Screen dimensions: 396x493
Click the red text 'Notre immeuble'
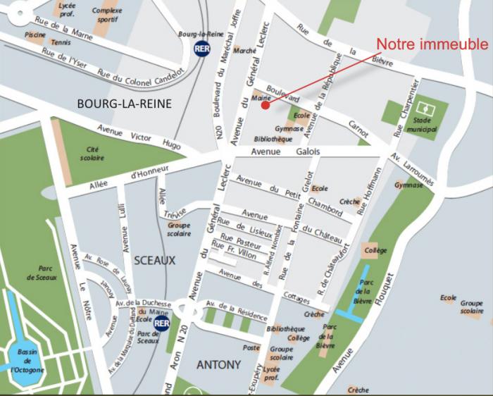431,44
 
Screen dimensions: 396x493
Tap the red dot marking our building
265,106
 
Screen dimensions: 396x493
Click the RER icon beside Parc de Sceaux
162,323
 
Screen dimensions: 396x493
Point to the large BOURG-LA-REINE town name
124,104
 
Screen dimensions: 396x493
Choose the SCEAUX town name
154,260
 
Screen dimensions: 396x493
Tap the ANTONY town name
219,364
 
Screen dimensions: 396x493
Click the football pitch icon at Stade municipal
426,110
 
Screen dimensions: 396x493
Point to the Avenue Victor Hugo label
138,137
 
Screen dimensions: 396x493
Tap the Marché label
244,51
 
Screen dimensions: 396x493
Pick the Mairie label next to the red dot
261,99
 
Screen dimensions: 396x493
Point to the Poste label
251,347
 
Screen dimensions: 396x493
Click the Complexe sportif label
106,15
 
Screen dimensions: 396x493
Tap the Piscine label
35,34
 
